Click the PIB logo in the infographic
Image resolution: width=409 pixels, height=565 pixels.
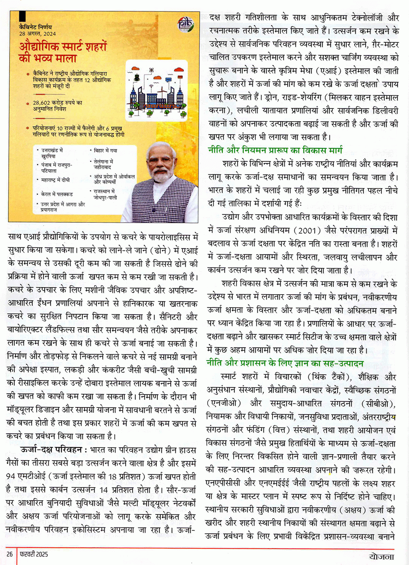185,25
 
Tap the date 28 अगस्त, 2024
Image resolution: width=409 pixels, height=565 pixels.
37,33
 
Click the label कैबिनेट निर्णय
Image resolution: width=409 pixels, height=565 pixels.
36,27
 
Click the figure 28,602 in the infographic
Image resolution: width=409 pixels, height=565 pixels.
42,102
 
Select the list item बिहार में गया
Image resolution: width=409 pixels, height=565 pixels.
105,150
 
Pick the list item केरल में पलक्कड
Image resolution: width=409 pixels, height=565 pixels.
57,194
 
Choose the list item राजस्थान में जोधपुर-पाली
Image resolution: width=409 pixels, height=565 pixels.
105,194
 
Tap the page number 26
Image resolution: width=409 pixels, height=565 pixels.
10,554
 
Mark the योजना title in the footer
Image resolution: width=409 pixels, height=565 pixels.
381,556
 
